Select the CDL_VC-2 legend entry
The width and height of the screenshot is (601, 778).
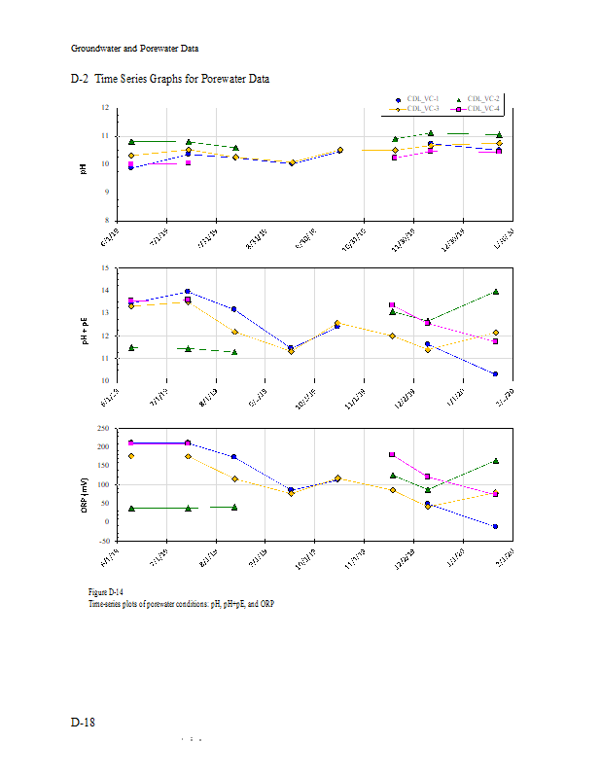[x=482, y=99]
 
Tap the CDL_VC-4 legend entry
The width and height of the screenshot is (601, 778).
[x=482, y=108]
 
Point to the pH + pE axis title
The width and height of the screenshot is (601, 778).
[x=84, y=324]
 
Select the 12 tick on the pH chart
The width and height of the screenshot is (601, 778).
[x=105, y=108]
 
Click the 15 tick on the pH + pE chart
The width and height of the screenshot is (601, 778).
[x=105, y=267]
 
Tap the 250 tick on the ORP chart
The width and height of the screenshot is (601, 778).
[x=102, y=428]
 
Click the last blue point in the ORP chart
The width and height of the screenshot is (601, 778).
[x=496, y=526]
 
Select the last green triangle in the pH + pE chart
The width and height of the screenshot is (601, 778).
[x=496, y=292]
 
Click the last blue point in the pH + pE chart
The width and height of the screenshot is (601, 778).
[x=496, y=373]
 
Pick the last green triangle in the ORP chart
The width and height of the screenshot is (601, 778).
[x=496, y=461]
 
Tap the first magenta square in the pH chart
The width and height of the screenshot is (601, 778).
[x=131, y=164]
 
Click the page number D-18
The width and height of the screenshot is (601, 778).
[x=83, y=723]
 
